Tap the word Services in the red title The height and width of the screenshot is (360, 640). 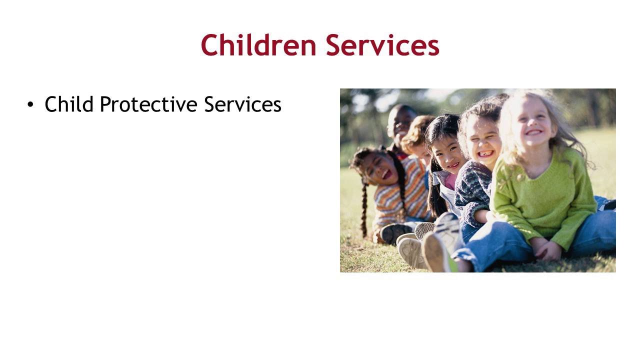click(x=382, y=45)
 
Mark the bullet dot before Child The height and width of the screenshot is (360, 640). click(x=31, y=104)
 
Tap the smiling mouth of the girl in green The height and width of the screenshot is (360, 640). click(x=533, y=132)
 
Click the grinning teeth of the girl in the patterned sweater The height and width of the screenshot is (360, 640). click(x=485, y=153)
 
